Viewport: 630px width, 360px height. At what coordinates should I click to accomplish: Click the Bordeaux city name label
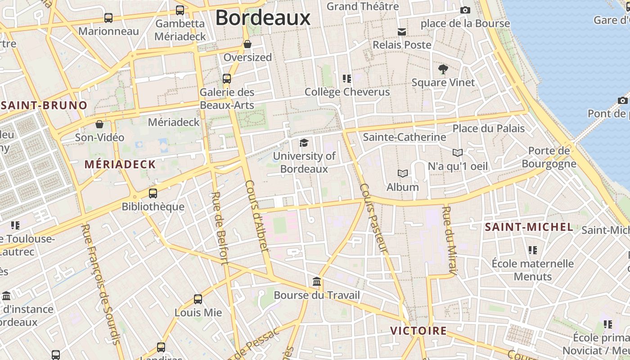[263, 18]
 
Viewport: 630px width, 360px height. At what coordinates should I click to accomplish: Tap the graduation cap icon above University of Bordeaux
[304, 143]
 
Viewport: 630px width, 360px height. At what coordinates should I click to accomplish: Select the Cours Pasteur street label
[373, 219]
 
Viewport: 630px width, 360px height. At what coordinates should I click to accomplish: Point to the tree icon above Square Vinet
[443, 69]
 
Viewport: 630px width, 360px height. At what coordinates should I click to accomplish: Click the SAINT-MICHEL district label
[529, 227]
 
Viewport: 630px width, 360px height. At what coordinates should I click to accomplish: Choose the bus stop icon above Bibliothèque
[153, 193]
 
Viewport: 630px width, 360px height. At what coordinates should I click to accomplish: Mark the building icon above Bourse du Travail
[317, 282]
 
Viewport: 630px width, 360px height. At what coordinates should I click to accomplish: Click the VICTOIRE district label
[418, 331]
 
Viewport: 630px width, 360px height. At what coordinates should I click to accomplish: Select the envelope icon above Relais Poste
[402, 31]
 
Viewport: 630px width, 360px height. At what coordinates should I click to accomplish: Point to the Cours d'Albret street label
[257, 216]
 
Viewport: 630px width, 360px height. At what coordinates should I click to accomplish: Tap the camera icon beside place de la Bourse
[465, 10]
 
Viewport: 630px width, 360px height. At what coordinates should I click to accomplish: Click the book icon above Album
[403, 173]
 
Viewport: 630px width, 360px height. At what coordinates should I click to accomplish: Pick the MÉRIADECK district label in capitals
[120, 164]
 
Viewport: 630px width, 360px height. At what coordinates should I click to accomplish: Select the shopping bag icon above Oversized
[247, 44]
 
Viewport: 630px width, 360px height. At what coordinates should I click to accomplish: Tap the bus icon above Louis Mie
[198, 299]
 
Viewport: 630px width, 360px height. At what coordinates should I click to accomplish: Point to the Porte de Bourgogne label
[549, 157]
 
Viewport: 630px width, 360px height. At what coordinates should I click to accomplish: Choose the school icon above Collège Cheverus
[347, 79]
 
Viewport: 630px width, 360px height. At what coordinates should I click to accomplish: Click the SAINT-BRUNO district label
[44, 106]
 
